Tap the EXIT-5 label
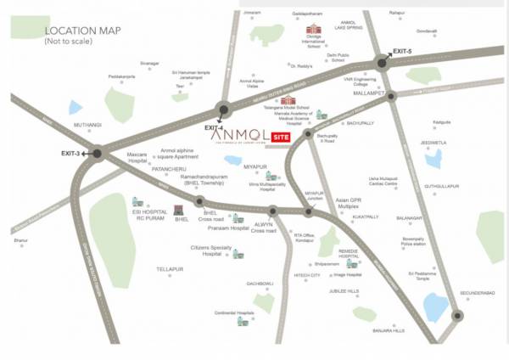point(402,52)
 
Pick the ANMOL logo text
point(238,135)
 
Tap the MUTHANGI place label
point(87,125)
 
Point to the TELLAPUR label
point(170,269)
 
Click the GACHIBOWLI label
point(260,283)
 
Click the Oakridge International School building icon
point(312,31)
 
